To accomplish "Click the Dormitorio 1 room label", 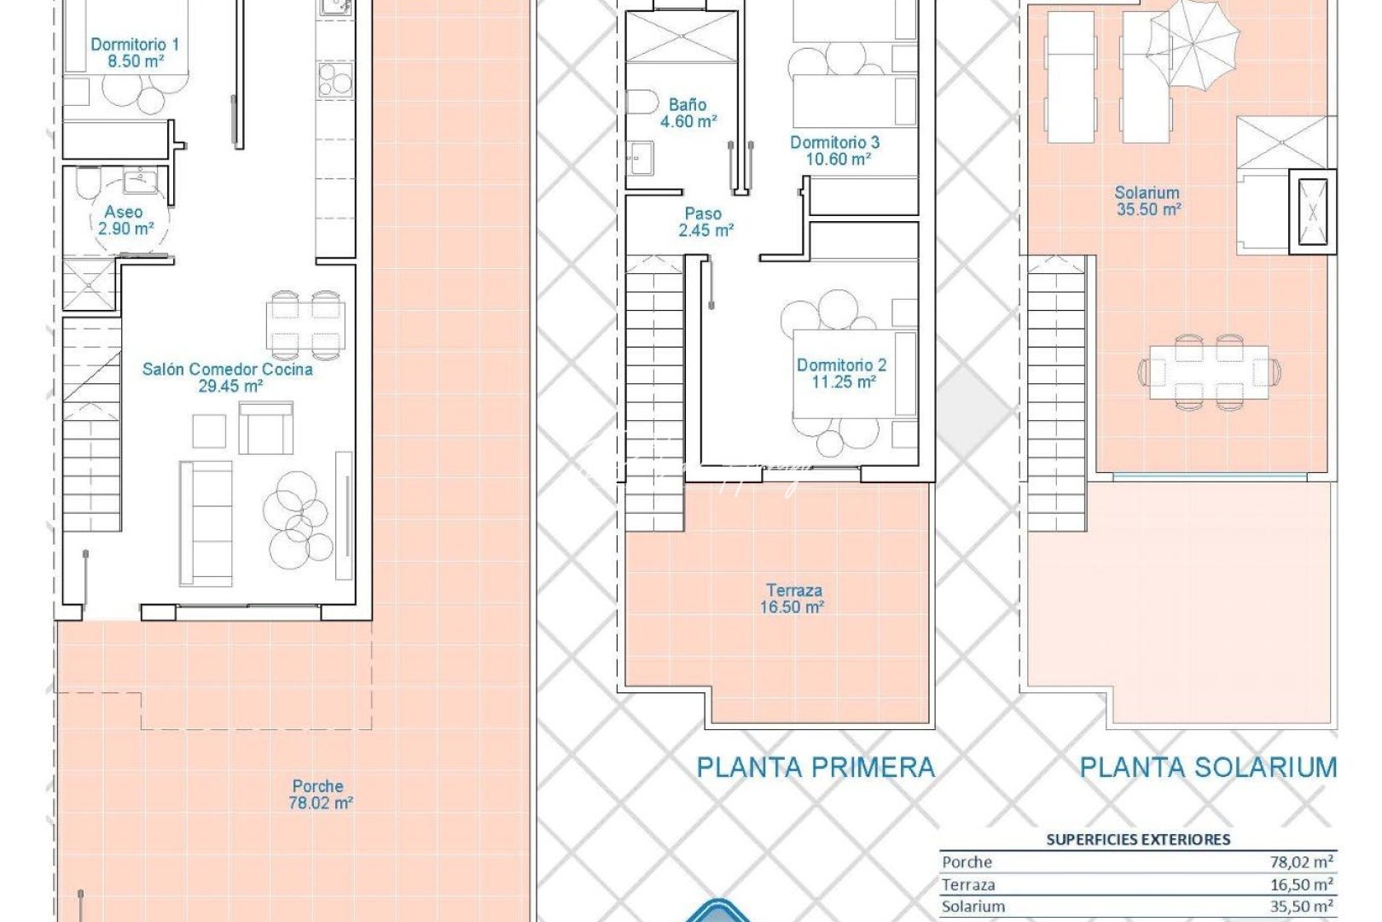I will [x=135, y=52].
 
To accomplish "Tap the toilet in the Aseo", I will [x=87, y=183].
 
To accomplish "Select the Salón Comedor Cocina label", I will [x=227, y=377].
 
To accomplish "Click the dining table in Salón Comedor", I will [x=305, y=325].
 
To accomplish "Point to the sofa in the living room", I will [x=206, y=523].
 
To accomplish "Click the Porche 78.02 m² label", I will [x=319, y=794].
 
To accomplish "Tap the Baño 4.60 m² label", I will [x=688, y=113].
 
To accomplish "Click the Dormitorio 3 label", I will [x=834, y=150].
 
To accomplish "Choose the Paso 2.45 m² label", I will [x=705, y=222].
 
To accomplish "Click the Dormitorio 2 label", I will [x=842, y=373].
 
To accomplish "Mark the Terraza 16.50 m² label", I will [x=793, y=598].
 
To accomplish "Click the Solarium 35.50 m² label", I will [x=1147, y=201].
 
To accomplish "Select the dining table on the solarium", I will [x=1208, y=371].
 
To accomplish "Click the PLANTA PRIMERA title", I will [x=816, y=767].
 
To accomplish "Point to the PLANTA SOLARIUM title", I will [x=1208, y=767].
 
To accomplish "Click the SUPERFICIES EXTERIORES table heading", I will [x=1138, y=840].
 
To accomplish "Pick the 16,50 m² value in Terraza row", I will [x=1302, y=884].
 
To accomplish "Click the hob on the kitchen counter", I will [x=334, y=79].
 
